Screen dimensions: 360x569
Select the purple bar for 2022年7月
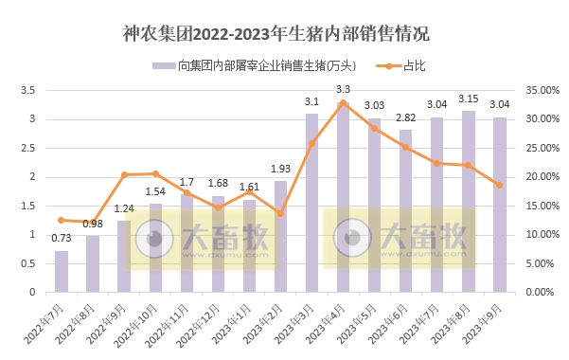pyautogui.click(x=62, y=271)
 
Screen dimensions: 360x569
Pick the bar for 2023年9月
pyautogui.click(x=499, y=205)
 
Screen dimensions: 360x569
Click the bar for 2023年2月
pyautogui.click(x=280, y=236)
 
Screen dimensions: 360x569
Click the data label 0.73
pyautogui.click(x=62, y=238)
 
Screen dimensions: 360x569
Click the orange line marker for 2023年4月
pyautogui.click(x=343, y=102)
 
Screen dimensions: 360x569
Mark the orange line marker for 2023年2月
pyautogui.click(x=280, y=213)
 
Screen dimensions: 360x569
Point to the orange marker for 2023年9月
pyautogui.click(x=499, y=185)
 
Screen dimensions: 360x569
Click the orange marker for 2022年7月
pyautogui.click(x=62, y=220)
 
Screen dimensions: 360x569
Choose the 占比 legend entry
pyautogui.click(x=402, y=66)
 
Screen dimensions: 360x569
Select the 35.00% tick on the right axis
pyautogui.click(x=543, y=90)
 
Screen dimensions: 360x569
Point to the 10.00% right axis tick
pyautogui.click(x=543, y=234)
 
